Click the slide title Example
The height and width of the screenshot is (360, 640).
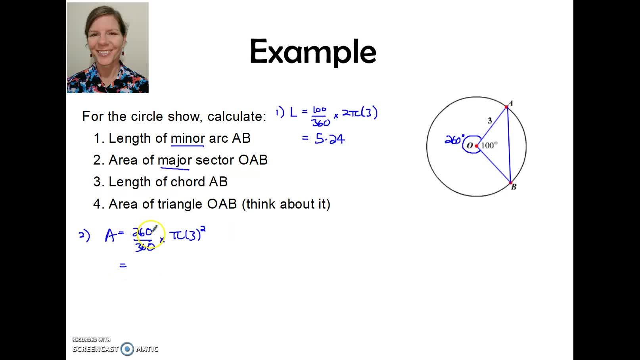pyautogui.click(x=313, y=52)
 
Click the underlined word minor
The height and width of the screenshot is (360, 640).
pyautogui.click(x=188, y=138)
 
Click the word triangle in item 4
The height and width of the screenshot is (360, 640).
pyautogui.click(x=180, y=204)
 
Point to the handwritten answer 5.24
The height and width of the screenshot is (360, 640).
pyautogui.click(x=330, y=139)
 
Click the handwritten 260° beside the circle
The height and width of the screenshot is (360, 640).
pyautogui.click(x=454, y=140)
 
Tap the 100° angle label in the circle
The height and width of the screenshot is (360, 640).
pyautogui.click(x=489, y=146)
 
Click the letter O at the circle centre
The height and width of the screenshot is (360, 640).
pyautogui.click(x=470, y=146)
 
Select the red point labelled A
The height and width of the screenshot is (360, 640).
pyautogui.click(x=506, y=107)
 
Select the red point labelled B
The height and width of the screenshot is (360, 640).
pyautogui.click(x=510, y=183)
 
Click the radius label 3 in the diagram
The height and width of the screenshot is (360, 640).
pyautogui.click(x=490, y=121)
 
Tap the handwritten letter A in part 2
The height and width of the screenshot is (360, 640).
pyautogui.click(x=110, y=236)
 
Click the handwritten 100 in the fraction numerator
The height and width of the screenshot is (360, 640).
pyautogui.click(x=319, y=110)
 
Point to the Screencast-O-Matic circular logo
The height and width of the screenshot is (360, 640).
pyautogui.click(x=127, y=349)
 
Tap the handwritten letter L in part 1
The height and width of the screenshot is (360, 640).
pyautogui.click(x=293, y=113)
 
